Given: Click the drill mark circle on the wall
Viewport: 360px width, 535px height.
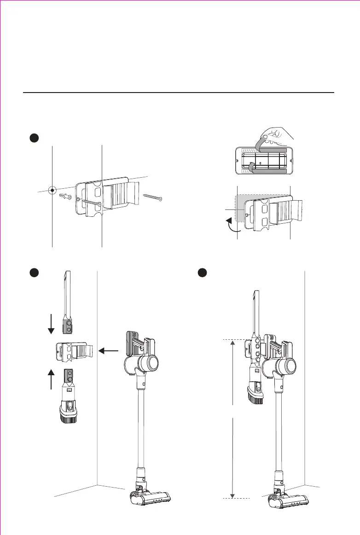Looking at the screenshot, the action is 53,189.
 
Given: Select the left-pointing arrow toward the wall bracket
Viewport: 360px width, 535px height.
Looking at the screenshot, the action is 109,351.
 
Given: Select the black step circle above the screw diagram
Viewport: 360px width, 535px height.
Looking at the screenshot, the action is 33,138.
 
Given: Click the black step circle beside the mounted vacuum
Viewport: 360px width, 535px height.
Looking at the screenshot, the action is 201,272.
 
